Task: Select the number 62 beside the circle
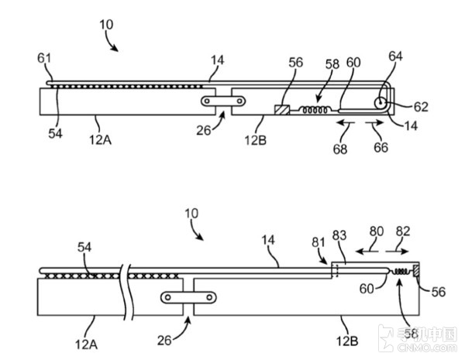point(421,106)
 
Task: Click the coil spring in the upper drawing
point(315,111)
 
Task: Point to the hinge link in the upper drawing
point(223,101)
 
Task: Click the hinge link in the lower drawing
point(188,297)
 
